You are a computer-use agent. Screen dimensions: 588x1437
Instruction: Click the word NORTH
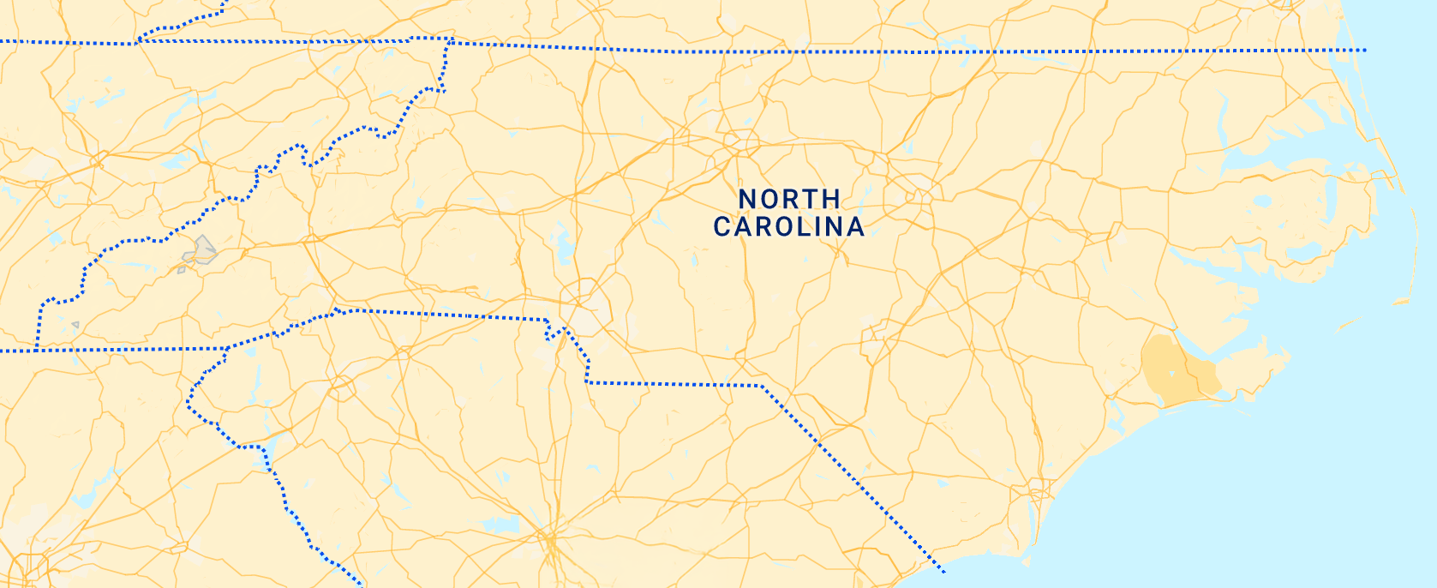(789, 199)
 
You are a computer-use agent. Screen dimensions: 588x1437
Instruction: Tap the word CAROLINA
(789, 227)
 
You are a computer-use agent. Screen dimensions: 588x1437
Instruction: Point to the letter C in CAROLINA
(722, 227)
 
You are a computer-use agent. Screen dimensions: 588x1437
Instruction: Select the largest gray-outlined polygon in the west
(201, 251)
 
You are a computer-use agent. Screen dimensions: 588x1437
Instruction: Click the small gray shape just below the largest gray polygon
(182, 270)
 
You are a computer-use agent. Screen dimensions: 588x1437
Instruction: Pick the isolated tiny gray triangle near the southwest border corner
(75, 325)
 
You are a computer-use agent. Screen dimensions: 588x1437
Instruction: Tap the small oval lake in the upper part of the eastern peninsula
(1262, 202)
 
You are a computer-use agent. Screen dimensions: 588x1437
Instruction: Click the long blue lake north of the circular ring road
(564, 247)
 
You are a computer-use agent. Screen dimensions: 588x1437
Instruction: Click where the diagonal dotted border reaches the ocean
(943, 572)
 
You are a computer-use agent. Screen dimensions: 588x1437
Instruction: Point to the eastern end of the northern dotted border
(1363, 51)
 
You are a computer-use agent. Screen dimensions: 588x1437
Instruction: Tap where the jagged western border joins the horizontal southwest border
(38, 350)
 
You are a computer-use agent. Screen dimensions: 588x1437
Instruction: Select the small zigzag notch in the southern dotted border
(554, 331)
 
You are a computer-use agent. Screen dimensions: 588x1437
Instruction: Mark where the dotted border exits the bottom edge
(360, 585)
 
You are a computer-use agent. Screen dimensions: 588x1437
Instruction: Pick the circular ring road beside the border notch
(585, 304)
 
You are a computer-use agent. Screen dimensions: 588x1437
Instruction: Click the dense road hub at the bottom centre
(548, 540)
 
